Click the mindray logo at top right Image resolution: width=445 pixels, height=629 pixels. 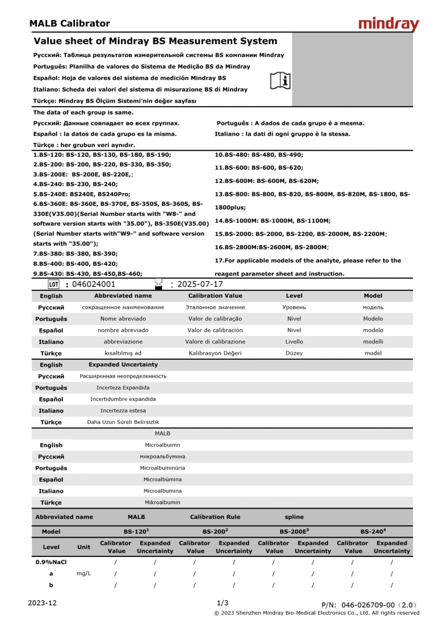tap(388, 24)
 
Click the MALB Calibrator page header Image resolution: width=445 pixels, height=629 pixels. tap(69, 23)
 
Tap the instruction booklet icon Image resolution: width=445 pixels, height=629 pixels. tap(280, 80)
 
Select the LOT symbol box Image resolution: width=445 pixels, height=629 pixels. tap(54, 284)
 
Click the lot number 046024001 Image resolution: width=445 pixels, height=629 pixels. tap(93, 284)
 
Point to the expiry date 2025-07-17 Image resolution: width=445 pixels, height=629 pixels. tap(200, 284)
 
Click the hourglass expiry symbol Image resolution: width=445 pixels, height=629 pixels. tap(158, 284)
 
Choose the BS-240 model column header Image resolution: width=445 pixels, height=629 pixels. tap(373, 532)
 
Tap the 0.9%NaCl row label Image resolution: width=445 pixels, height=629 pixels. tap(51, 562)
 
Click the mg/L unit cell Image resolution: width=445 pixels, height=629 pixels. tap(84, 573)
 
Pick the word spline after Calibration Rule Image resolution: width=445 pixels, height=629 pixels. tap(294, 517)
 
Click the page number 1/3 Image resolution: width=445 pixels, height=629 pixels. tap(222, 603)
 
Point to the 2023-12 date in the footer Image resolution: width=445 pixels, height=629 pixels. tap(42, 603)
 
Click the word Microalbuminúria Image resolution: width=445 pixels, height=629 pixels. tap(162, 468)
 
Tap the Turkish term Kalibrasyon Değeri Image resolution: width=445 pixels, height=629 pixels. tap(215, 353)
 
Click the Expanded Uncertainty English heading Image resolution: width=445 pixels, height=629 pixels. tap(123, 365)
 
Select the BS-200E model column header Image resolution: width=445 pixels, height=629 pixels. tap(294, 532)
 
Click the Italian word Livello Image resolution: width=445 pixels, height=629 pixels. tap(294, 342)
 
